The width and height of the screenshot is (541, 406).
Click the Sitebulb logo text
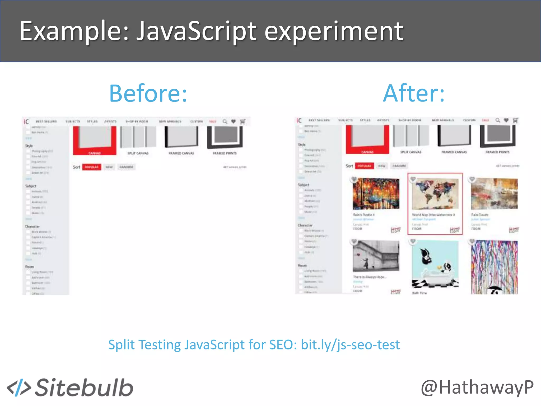pyautogui.click(x=84, y=387)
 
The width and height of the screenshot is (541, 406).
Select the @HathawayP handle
pyautogui.click(x=477, y=387)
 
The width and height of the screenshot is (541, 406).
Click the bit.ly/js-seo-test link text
pyautogui.click(x=350, y=345)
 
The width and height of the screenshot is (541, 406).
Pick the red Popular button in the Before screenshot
pyautogui.click(x=91, y=167)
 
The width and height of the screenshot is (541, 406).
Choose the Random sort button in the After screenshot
pyautogui.click(x=399, y=166)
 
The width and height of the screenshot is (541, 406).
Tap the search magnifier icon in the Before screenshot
pyautogui.click(x=225, y=122)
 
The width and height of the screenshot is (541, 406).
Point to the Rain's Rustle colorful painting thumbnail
pyautogui.click(x=376, y=194)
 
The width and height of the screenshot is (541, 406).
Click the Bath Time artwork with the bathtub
pyautogui.click(x=435, y=264)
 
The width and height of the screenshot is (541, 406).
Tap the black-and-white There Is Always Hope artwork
pyautogui.click(x=376, y=256)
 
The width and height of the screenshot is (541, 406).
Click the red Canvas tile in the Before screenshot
pyautogui.click(x=95, y=140)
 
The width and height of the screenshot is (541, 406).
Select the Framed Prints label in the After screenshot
pyautogui.click(x=497, y=152)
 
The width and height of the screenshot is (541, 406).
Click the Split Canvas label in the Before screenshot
pyautogui.click(x=138, y=153)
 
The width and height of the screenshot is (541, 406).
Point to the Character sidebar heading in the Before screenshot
pyautogui.click(x=32, y=227)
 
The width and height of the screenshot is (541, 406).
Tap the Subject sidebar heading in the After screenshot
pyautogui.click(x=303, y=185)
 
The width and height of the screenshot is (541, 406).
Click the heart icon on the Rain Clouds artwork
pyautogui.click(x=472, y=179)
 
